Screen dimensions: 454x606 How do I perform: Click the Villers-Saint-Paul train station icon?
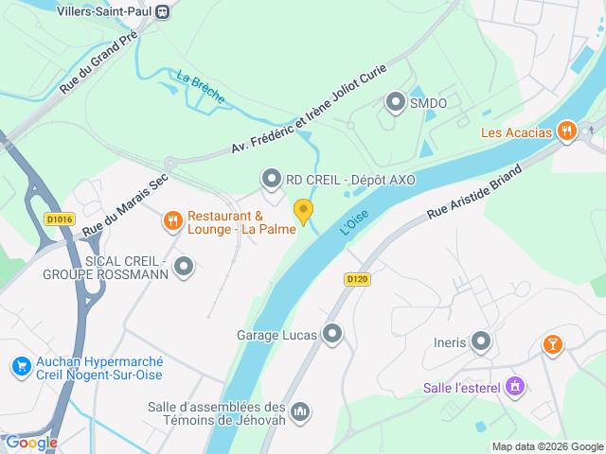tap(163, 11)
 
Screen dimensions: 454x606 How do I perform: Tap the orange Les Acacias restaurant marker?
tap(567, 131)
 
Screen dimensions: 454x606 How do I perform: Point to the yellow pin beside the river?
tap(303, 210)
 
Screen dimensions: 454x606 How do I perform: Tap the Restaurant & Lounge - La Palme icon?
tap(172, 221)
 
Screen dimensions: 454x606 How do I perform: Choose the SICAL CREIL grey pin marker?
tap(184, 268)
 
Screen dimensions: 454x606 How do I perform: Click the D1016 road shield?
tap(59, 219)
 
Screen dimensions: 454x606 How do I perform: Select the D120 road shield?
tap(356, 279)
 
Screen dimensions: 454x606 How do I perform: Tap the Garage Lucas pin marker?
tap(332, 334)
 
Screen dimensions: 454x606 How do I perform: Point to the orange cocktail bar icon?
tap(552, 345)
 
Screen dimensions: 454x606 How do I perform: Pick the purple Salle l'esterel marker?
tap(514, 386)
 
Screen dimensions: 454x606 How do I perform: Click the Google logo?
tap(30, 442)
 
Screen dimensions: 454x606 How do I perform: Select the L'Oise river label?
tap(353, 223)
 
